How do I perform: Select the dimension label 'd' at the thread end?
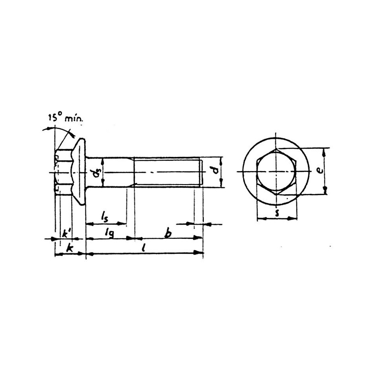(x=214, y=171)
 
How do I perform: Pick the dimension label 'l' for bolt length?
(x=144, y=248)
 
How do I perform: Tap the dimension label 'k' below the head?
(x=70, y=248)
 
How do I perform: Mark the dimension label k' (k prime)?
(x=66, y=233)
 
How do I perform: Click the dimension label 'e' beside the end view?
(x=320, y=170)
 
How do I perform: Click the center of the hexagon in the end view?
(x=276, y=172)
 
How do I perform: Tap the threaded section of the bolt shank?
(x=167, y=172)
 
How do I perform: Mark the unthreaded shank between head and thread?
(x=114, y=172)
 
